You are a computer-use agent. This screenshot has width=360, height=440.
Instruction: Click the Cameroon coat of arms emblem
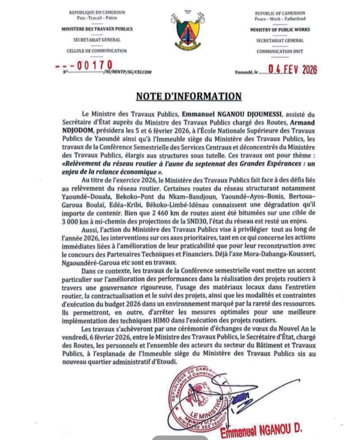187,33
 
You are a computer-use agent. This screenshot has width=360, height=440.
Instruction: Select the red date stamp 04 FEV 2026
293,70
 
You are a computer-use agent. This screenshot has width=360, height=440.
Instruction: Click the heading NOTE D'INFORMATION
189,96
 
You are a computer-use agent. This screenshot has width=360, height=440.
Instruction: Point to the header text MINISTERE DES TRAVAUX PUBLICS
97,29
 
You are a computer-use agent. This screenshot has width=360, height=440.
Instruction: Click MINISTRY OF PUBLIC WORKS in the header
280,30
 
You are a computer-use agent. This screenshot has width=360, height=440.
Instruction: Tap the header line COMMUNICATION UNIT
280,51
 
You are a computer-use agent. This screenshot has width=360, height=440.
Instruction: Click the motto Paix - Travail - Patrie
97,18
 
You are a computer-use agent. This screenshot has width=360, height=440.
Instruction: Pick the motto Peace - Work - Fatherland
280,19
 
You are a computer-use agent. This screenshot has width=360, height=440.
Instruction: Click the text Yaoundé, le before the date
246,73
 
